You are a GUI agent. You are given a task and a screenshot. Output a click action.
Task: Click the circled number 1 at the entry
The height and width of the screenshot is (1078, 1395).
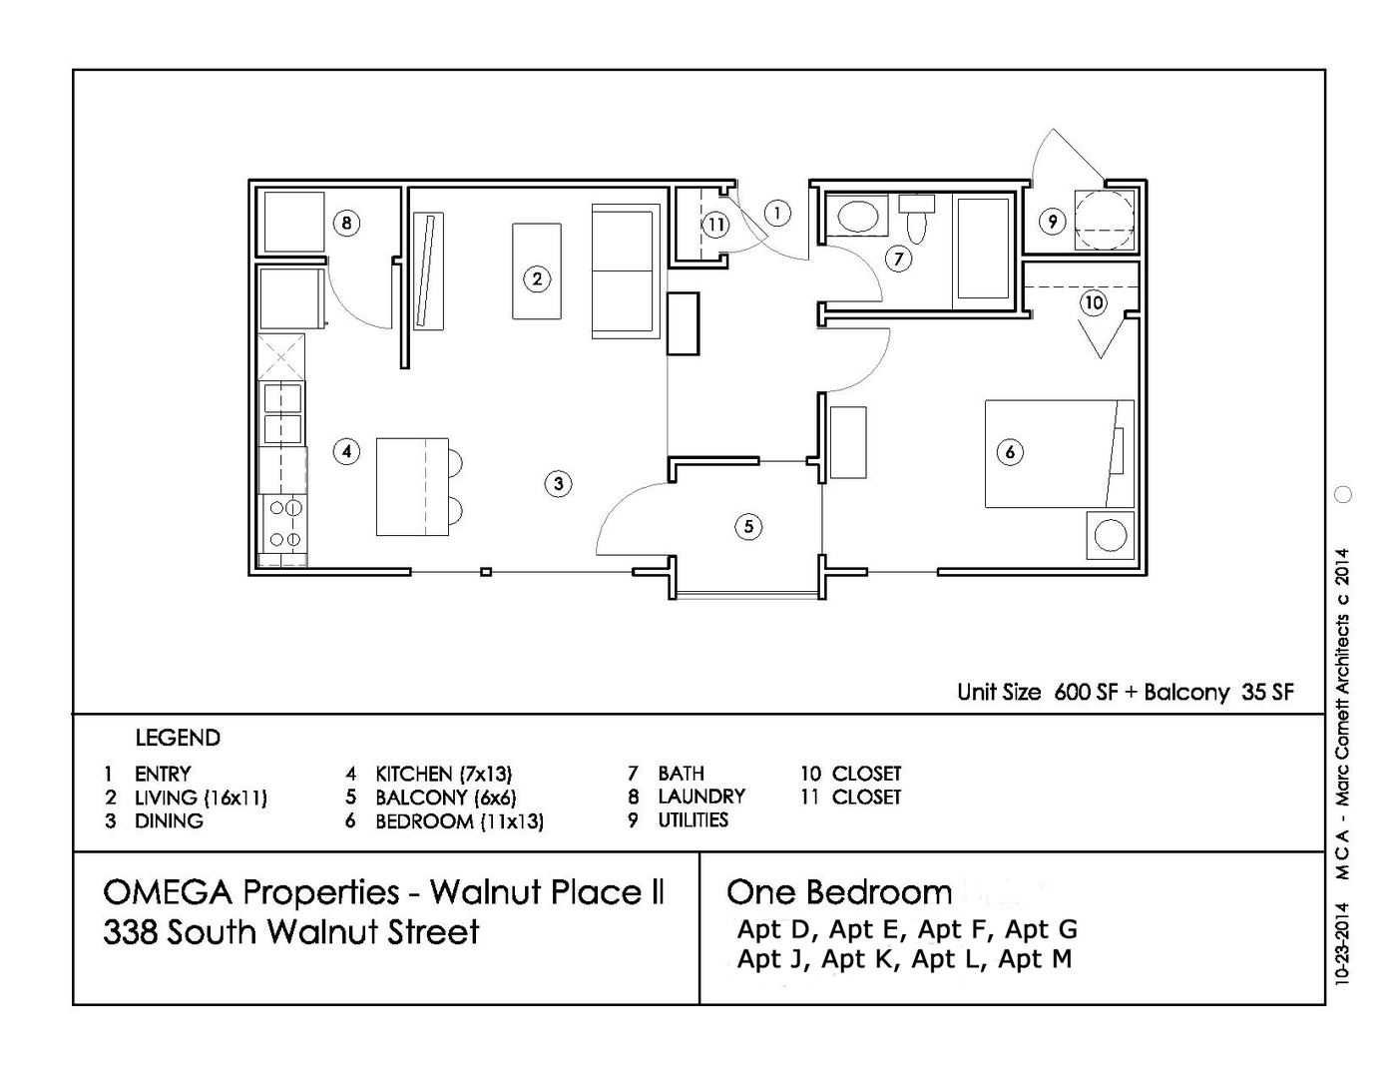pos(777,213)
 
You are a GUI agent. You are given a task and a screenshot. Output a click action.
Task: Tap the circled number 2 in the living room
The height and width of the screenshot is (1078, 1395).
pos(537,278)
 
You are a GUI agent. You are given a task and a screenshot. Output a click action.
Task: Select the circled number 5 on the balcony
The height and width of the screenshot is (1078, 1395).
pos(748,526)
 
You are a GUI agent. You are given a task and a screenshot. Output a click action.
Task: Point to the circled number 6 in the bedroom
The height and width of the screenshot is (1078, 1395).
pos(1010,452)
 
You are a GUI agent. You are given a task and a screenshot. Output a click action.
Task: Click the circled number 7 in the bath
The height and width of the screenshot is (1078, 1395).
pos(898,260)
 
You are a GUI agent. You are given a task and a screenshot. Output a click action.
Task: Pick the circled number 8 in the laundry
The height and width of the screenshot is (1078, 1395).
pos(346,223)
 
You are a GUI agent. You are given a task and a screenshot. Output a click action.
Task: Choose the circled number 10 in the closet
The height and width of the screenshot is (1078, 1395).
pos(1094,302)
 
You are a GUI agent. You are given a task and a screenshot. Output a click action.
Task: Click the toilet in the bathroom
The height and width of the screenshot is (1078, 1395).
pos(917,221)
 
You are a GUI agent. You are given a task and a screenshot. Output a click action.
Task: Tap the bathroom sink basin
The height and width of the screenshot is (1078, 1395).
pos(856,216)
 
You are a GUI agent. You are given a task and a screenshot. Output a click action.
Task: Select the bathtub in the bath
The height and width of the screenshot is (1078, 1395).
pos(983,249)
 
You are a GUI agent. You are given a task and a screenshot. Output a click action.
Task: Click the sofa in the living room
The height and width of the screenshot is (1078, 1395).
pos(626,271)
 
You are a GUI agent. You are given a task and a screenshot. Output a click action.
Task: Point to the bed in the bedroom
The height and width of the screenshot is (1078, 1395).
pos(1059,454)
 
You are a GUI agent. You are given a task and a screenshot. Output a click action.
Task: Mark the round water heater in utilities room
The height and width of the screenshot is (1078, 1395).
pos(1104,220)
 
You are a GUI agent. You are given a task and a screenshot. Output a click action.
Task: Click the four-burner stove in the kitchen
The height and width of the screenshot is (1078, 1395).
pos(283,524)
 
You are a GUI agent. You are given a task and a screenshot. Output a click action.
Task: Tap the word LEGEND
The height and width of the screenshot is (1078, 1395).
pos(178,738)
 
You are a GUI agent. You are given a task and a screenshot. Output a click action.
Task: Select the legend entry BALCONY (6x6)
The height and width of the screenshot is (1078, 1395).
pos(445,798)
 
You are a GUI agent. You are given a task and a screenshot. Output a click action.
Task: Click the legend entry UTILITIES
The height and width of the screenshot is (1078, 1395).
pos(693,820)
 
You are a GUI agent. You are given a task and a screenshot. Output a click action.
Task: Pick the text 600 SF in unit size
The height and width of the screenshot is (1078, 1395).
pos(1086,693)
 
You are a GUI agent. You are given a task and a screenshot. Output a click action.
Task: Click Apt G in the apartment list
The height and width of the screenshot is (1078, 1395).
pos(1041,929)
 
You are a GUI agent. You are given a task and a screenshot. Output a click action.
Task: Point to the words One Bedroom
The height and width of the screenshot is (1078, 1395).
pos(839,891)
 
